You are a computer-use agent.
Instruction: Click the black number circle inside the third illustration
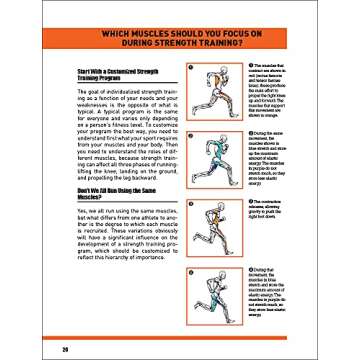tap(190, 204)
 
